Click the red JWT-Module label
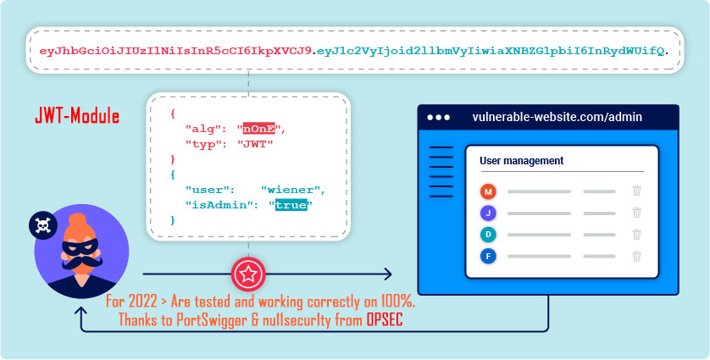click(77, 116)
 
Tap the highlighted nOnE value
click(258, 129)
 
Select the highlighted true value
click(291, 205)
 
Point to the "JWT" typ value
click(256, 144)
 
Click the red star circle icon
click(248, 274)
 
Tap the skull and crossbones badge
click(43, 224)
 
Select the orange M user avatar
click(488, 191)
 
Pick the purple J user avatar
click(488, 213)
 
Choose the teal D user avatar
click(488, 235)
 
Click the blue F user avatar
click(488, 257)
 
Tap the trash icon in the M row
click(636, 191)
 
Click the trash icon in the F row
click(636, 257)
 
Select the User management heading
click(522, 160)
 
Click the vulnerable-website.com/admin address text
click(557, 117)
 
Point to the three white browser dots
click(438, 117)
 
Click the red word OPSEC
click(385, 319)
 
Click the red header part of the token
click(175, 51)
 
